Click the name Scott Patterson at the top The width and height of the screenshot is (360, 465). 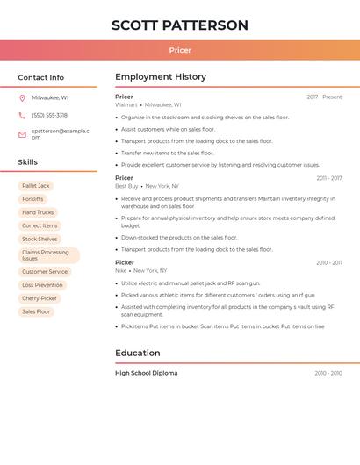(x=180, y=25)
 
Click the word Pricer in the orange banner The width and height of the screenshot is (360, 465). (x=180, y=51)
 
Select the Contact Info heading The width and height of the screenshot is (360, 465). (x=41, y=77)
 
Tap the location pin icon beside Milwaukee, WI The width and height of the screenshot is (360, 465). (x=22, y=98)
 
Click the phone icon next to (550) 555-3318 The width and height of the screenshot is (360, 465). (x=22, y=116)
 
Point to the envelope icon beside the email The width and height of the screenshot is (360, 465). (x=22, y=134)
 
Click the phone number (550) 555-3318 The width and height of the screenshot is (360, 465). (x=49, y=116)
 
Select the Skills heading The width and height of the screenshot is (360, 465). (x=28, y=162)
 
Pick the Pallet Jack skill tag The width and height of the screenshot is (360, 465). (x=36, y=186)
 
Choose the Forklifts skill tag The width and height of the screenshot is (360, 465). (x=32, y=199)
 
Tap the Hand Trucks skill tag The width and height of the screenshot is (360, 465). (x=38, y=212)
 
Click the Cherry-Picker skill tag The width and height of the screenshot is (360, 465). (x=40, y=298)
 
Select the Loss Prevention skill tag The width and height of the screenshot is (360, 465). (x=42, y=285)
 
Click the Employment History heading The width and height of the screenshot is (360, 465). (x=161, y=77)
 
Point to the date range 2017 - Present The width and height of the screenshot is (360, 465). (x=324, y=97)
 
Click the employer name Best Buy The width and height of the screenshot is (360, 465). (x=126, y=186)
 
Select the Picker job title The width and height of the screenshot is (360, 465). (x=125, y=262)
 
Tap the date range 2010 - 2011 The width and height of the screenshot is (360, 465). (x=329, y=263)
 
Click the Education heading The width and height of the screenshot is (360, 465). (x=138, y=354)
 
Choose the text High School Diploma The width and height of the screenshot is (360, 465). (x=146, y=374)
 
